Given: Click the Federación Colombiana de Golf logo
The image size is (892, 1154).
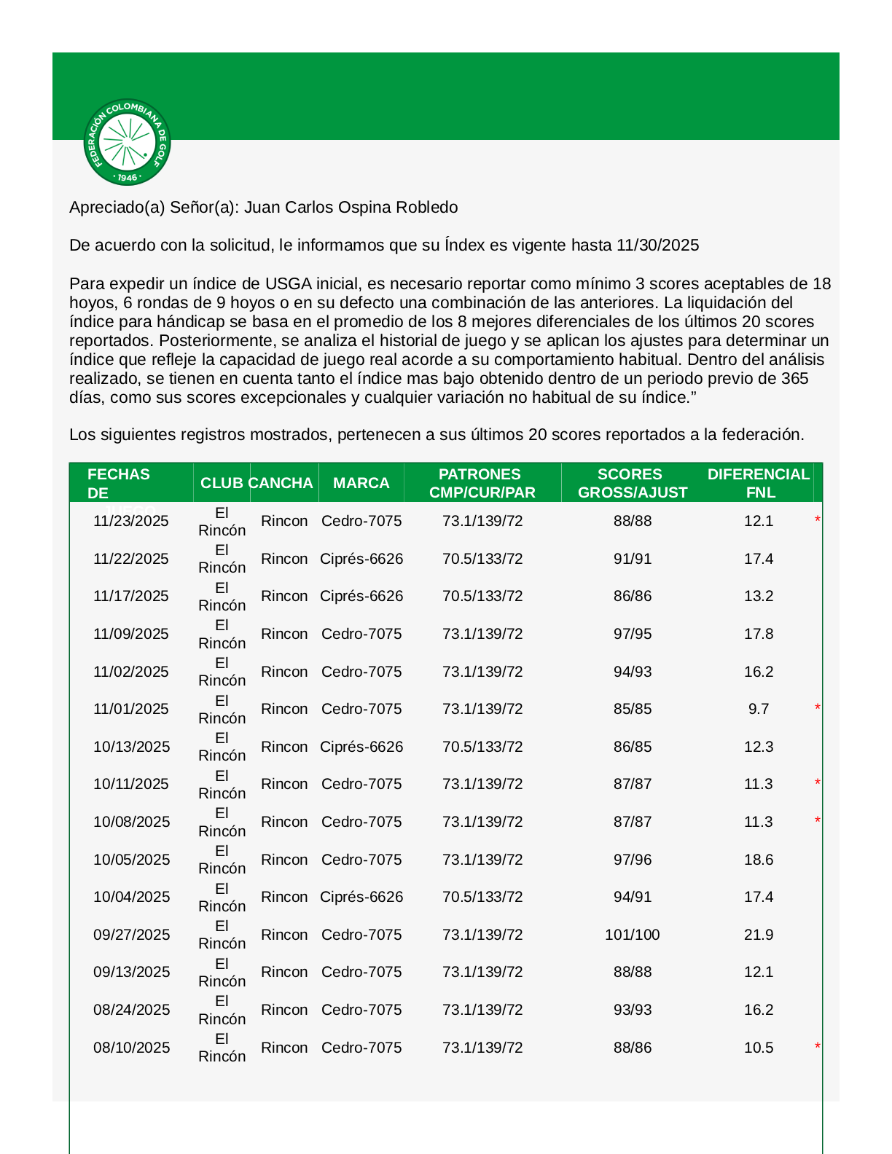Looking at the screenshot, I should [128, 143].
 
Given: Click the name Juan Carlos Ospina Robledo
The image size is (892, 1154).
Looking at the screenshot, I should [351, 208].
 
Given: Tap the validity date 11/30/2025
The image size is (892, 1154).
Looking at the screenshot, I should [657, 246].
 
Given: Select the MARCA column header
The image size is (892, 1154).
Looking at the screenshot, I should [361, 483].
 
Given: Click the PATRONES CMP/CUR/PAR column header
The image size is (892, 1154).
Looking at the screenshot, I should [482, 483].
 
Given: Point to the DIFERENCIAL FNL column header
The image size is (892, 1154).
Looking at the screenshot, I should [758, 483].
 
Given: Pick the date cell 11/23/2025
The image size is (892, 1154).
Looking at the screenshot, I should [131, 522].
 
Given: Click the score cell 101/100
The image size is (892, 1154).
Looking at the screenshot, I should [632, 935].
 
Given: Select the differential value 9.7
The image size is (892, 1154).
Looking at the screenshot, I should [758, 710].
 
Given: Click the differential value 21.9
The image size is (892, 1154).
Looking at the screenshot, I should [758, 935].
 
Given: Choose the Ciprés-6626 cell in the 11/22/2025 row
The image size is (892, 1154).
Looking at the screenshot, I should [361, 560].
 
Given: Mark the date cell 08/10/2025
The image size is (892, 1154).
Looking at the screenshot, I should [131, 1048].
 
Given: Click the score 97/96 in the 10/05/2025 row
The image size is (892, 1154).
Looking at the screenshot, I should [632, 860].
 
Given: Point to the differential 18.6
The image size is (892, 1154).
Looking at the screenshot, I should [758, 860].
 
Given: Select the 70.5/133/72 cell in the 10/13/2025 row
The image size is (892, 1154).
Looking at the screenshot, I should [482, 747].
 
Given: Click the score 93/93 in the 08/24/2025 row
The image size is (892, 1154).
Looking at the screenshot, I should [632, 1010].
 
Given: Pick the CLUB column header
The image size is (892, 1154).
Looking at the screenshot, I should [222, 483].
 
